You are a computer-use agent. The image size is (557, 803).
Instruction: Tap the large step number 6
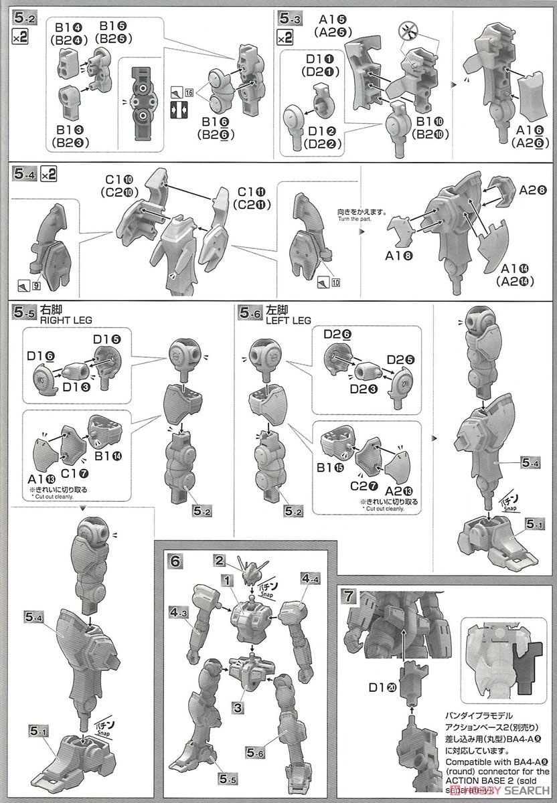175,560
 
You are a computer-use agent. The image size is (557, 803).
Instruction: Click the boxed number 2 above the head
219,559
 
